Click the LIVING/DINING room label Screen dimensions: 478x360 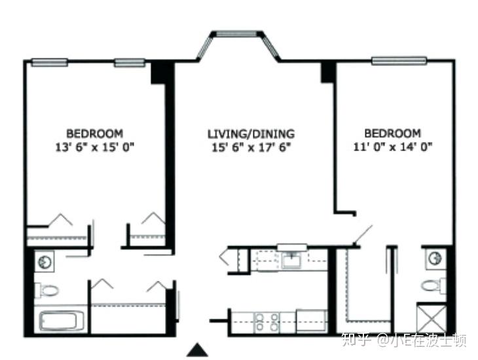(x=251, y=134)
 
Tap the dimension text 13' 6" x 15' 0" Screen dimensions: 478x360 (x=94, y=147)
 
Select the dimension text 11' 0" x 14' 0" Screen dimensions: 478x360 (x=393, y=147)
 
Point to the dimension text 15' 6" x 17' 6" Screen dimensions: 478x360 (x=251, y=147)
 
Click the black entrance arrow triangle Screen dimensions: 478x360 (x=198, y=350)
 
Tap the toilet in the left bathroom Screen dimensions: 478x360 (x=46, y=290)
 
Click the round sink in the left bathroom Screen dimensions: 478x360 (x=45, y=261)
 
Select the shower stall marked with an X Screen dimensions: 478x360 (x=432, y=319)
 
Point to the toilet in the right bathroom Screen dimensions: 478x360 (x=433, y=285)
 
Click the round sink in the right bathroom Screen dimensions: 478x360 (x=434, y=259)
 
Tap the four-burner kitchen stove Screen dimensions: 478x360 (x=267, y=322)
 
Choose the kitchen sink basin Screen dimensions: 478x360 (x=291, y=261)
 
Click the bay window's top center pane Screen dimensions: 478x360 (x=237, y=33)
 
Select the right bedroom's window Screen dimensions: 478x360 (x=399, y=60)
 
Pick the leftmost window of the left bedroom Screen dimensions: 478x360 (x=50, y=62)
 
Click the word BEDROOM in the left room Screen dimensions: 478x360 (x=95, y=134)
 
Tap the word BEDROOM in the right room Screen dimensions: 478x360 (x=393, y=134)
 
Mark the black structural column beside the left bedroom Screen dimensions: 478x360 (x=158, y=73)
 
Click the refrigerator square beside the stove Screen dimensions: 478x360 (x=312, y=321)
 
